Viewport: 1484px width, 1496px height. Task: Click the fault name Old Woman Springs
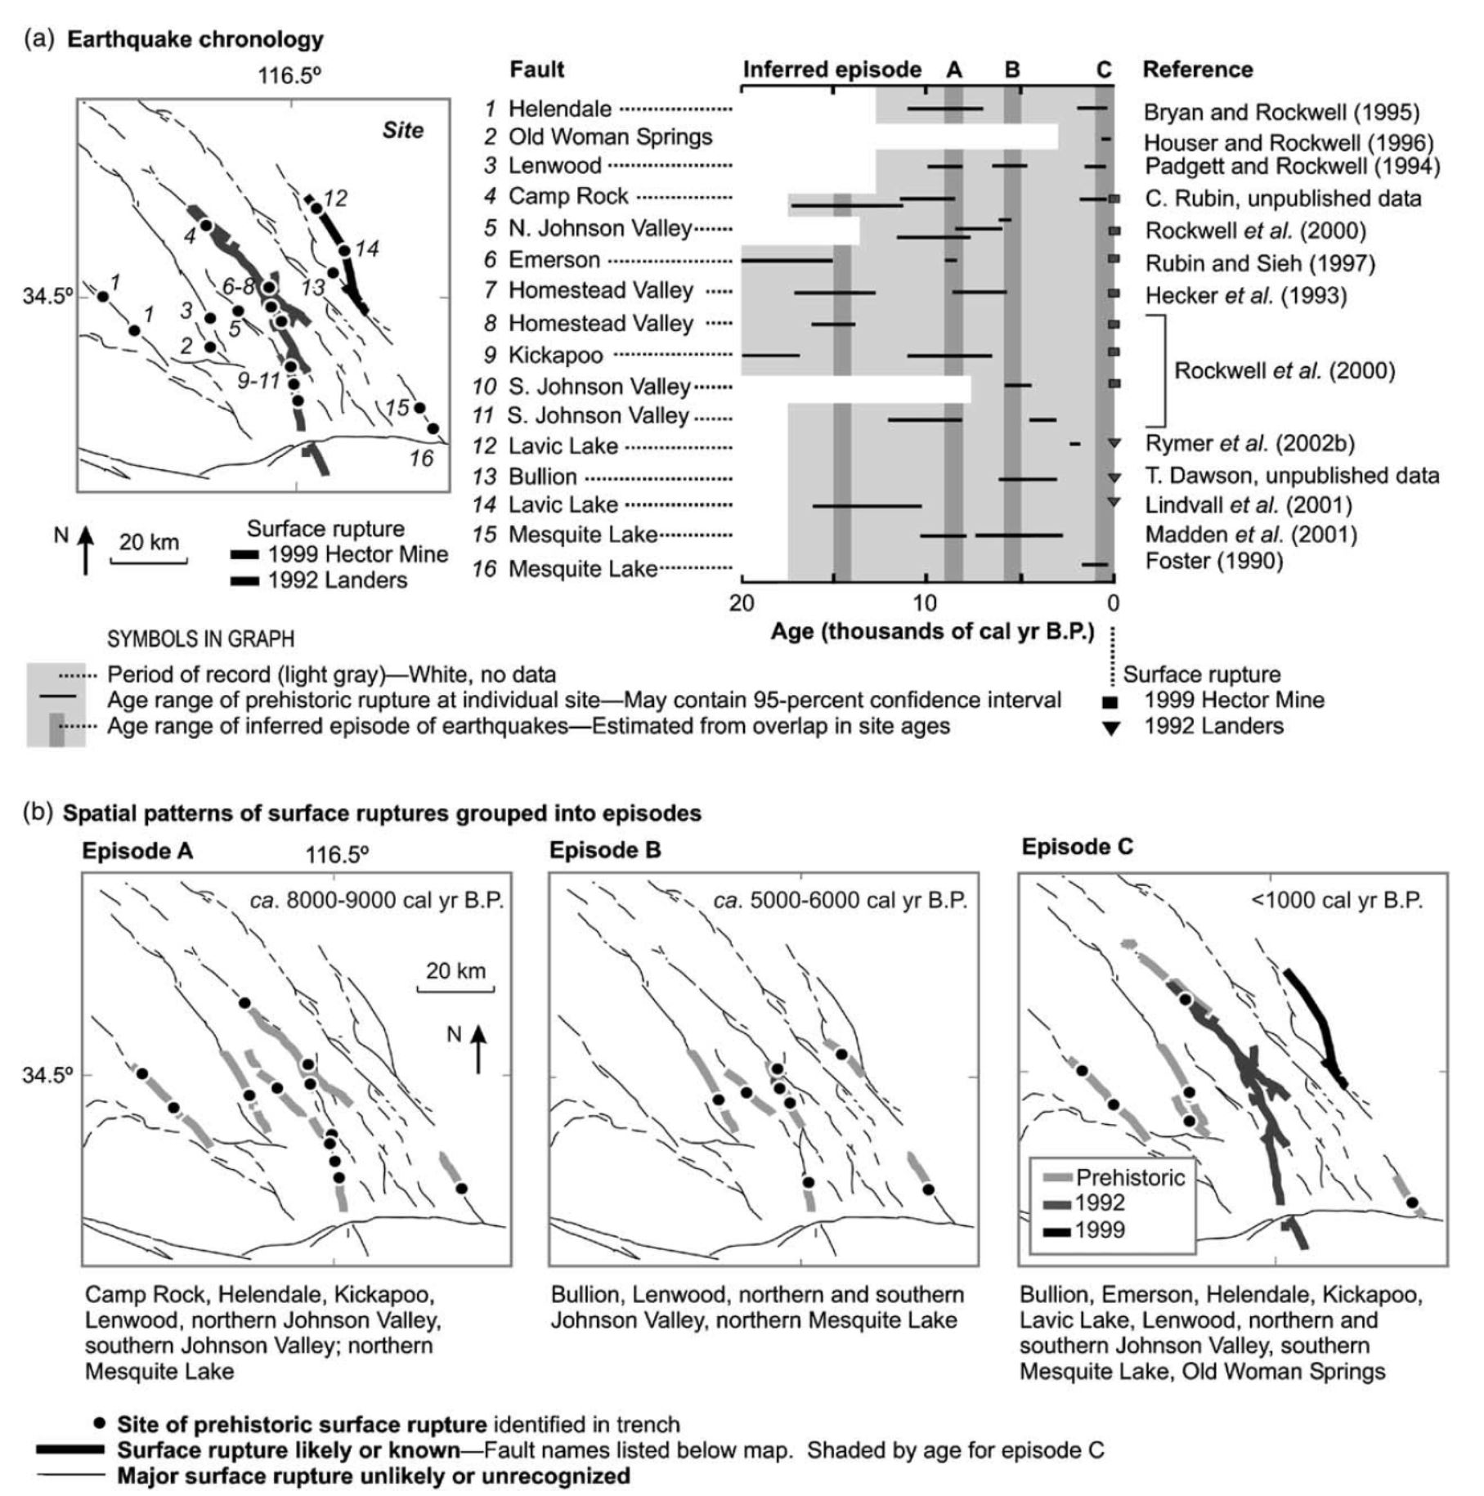(x=610, y=137)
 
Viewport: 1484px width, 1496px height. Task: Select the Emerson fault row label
(x=554, y=260)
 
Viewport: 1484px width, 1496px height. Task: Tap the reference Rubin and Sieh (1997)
(x=1260, y=263)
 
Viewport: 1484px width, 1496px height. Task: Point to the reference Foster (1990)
(x=1214, y=561)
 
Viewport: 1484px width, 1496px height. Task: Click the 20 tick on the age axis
(x=742, y=603)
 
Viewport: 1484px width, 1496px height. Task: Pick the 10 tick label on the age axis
(x=926, y=603)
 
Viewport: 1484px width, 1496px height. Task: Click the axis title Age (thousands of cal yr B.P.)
(x=932, y=632)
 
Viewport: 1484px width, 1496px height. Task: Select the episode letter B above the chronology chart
(x=1012, y=69)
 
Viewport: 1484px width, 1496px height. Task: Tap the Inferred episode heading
(x=832, y=69)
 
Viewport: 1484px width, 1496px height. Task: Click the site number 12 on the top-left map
(x=335, y=198)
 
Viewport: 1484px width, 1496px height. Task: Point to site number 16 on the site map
(x=421, y=459)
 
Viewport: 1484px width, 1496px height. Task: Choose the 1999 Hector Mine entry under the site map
(x=358, y=554)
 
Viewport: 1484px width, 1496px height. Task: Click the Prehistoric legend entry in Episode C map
(x=1130, y=1177)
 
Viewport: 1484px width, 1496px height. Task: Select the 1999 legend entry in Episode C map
(x=1100, y=1229)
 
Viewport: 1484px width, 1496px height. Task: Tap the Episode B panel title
(x=605, y=850)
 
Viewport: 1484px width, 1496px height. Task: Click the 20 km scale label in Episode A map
(x=455, y=970)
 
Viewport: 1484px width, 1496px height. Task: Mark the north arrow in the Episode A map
(x=478, y=1048)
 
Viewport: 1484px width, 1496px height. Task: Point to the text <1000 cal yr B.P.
(x=1337, y=900)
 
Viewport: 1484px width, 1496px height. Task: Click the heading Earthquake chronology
(x=195, y=39)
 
